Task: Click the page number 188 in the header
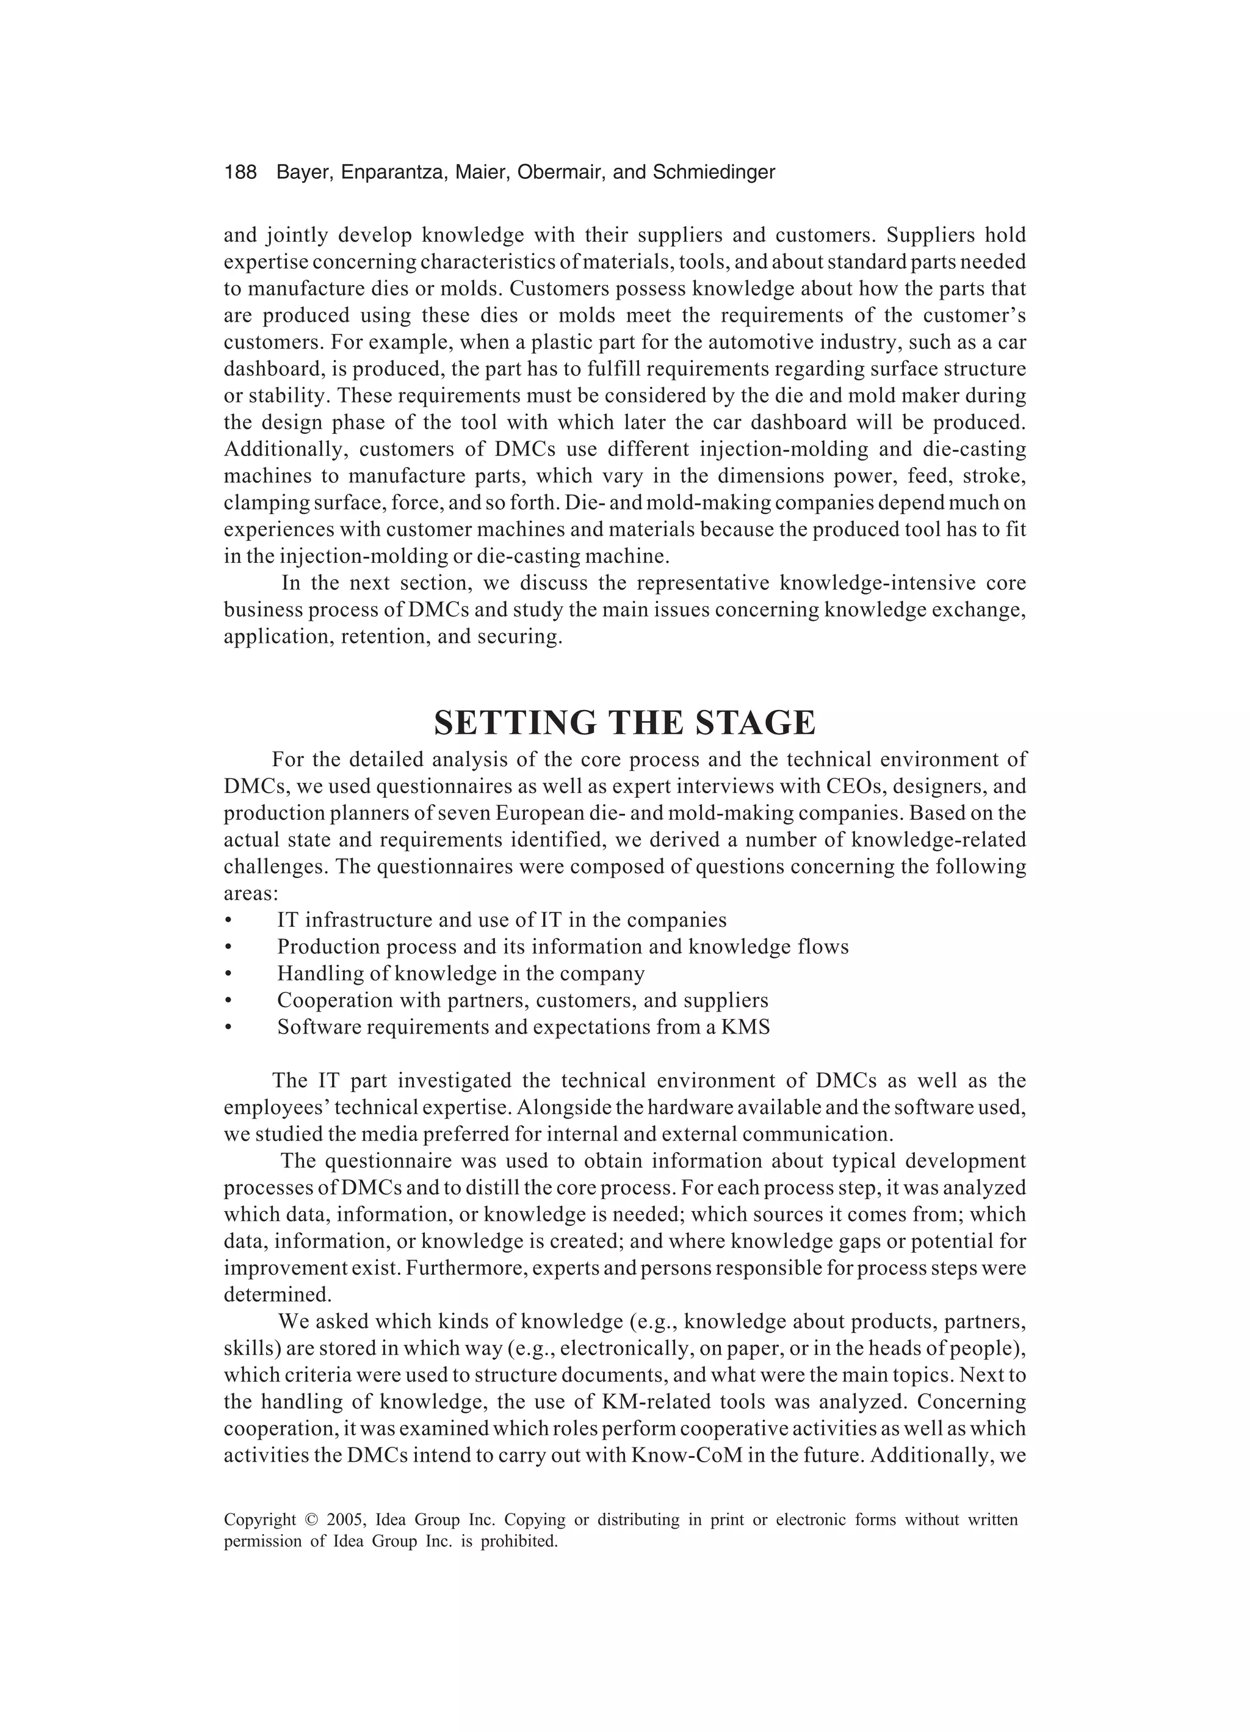point(240,173)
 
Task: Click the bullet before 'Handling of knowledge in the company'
point(228,974)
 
